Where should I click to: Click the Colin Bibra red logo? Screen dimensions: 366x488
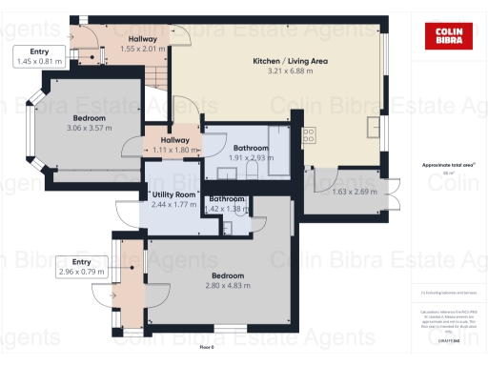pos(443,35)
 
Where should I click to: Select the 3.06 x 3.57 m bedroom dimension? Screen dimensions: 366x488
pos(89,128)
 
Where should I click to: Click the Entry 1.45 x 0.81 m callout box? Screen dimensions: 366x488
pos(39,56)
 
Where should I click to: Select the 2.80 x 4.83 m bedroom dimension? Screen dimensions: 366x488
pos(230,285)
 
